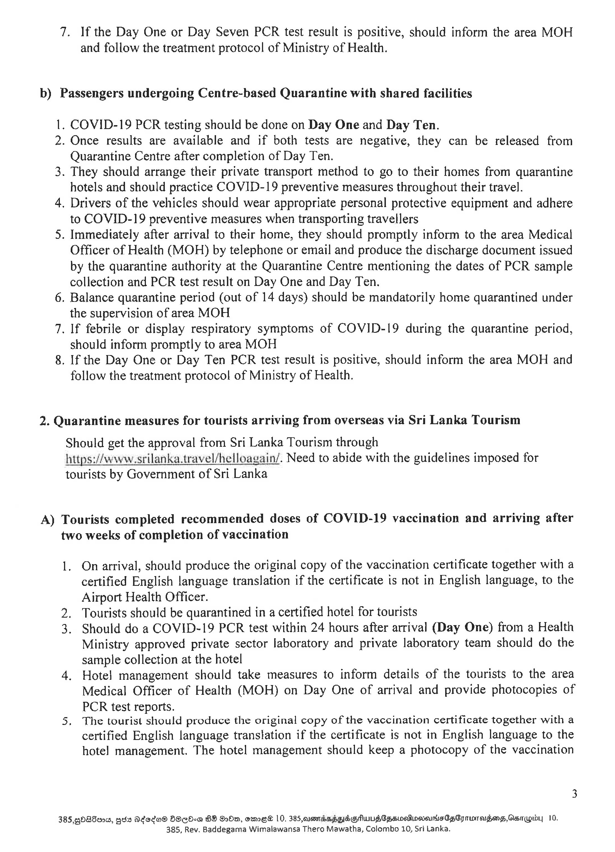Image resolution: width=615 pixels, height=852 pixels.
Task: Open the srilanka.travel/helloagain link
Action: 173,458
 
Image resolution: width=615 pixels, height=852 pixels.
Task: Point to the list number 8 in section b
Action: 59,360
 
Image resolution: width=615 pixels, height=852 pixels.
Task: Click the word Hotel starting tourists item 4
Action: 97,674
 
